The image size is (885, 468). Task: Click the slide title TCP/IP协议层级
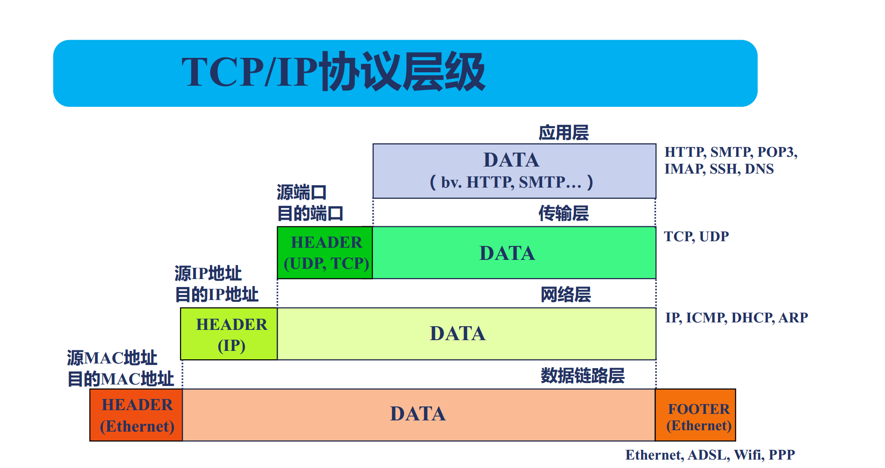333,72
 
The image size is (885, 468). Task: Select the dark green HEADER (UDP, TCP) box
325,253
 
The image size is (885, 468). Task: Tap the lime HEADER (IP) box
229,334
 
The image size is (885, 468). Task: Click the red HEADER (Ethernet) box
136,415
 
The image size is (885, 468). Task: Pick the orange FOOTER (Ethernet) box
696,415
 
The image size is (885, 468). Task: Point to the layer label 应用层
564,133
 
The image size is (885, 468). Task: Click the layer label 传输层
564,213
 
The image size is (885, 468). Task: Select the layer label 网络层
565,294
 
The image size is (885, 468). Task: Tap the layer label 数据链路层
583,376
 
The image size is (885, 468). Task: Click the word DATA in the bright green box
507,253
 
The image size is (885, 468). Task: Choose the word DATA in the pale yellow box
458,334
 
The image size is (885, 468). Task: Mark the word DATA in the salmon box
418,414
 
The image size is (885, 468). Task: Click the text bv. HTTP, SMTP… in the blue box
511,182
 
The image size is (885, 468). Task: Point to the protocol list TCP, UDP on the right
696,237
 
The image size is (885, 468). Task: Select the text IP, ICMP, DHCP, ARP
737,318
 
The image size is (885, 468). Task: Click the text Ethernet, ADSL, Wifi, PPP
710,455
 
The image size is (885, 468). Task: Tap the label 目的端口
310,214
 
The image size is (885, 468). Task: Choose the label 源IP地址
208,273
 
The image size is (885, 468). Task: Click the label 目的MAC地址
121,379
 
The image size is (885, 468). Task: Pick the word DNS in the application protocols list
759,169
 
